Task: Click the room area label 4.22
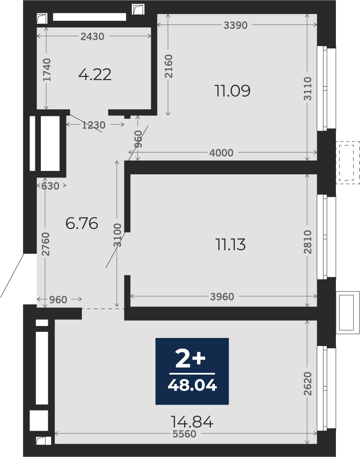coord(95,75)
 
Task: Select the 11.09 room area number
coord(232,91)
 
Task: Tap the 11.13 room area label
coord(230,245)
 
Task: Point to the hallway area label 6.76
coord(81,224)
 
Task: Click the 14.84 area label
coord(192,422)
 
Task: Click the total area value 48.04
coord(192,385)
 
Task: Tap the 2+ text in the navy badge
coord(190,360)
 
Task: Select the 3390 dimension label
coord(236,25)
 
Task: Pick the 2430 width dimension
coord(92,37)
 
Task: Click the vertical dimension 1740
coord(47,70)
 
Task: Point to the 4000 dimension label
coord(221,153)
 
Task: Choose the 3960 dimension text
coord(222,297)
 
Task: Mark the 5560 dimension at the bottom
coord(185,434)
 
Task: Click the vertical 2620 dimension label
coord(308,383)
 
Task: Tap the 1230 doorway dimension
coord(94,125)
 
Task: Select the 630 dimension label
coord(50,186)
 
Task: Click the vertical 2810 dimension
coord(308,242)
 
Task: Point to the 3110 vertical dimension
coord(308,89)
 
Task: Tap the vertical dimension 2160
coord(168,66)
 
